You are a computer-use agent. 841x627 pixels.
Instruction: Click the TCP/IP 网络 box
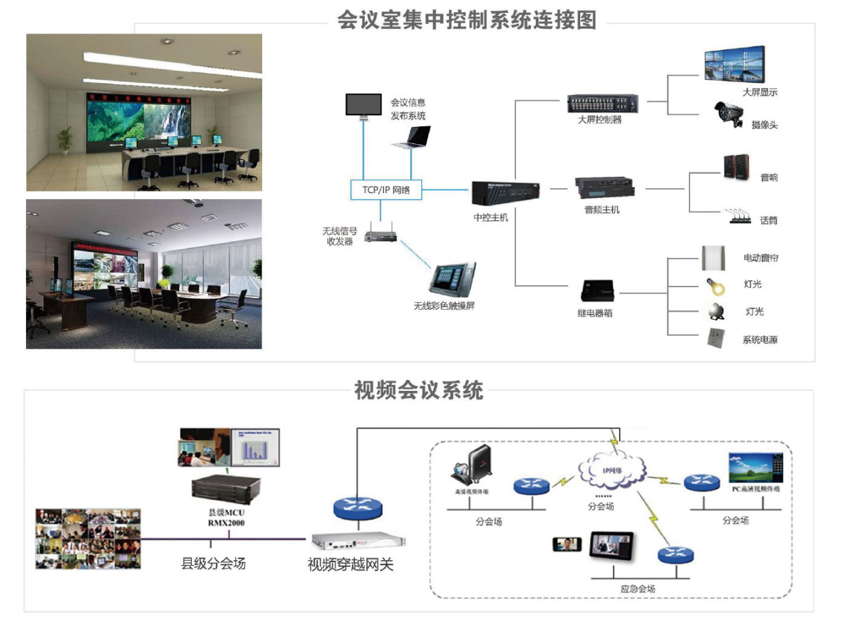(386, 190)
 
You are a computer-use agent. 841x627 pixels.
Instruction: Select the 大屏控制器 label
(599, 120)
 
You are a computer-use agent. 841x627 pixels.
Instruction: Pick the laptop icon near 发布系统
(411, 136)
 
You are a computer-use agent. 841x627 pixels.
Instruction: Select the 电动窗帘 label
(760, 259)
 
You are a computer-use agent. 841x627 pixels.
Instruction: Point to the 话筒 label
(769, 220)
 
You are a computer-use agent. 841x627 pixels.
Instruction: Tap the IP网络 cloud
(611, 469)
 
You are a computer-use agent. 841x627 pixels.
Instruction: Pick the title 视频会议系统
(418, 390)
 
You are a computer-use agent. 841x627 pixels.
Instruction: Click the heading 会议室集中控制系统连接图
(466, 20)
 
